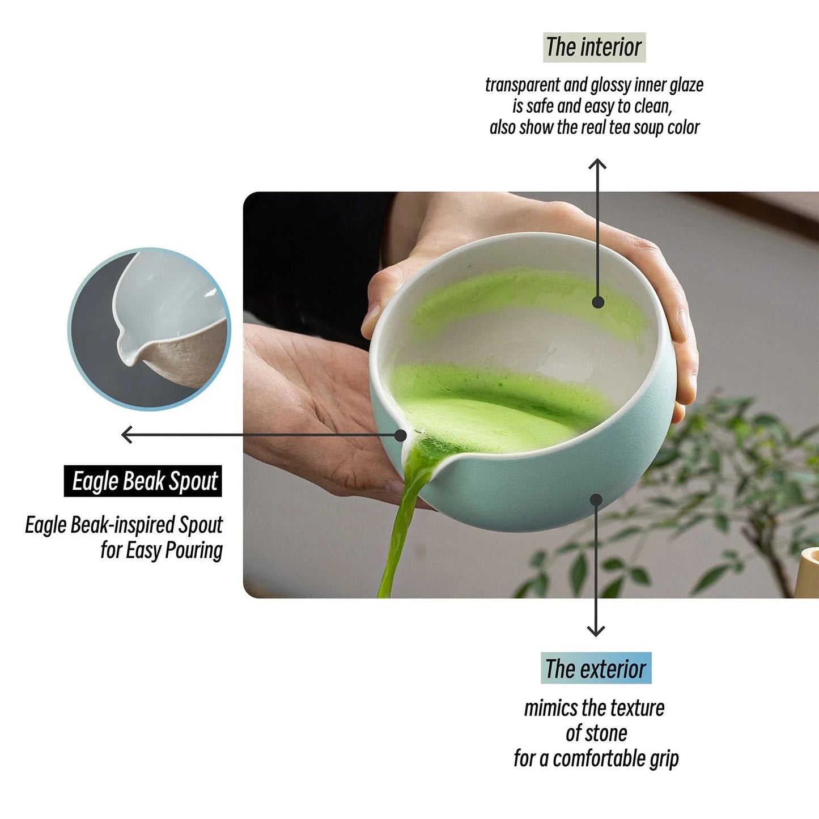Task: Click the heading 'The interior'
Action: pos(594,47)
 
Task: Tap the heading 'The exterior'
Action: pos(596,669)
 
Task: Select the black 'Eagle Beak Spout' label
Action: pos(143,481)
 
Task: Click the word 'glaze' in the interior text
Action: pos(686,86)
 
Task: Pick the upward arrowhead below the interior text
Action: pos(597,164)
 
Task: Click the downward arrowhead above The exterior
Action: pos(596,631)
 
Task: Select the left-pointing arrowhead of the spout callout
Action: pos(126,435)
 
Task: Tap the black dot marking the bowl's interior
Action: pos(598,302)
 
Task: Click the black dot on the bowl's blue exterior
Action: pos(596,500)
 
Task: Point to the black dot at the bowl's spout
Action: pos(400,435)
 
